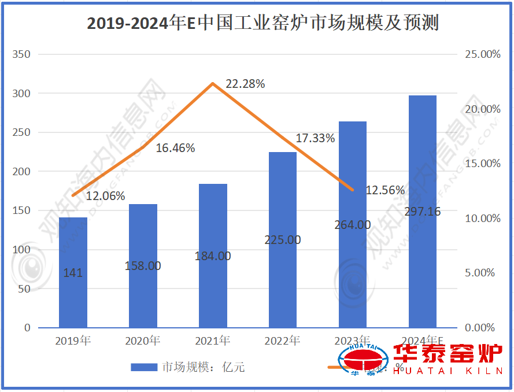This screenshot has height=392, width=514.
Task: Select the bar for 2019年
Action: [x=73, y=272]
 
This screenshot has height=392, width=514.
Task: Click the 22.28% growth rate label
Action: [x=245, y=84]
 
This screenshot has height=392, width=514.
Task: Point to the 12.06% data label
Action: [x=105, y=196]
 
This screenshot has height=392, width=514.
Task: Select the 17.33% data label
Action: [x=315, y=138]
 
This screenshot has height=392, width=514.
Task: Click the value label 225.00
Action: [x=282, y=239]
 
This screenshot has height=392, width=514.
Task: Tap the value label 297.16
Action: [x=422, y=212]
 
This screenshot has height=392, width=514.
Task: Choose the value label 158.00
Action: [x=143, y=266]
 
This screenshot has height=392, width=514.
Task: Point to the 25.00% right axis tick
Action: [x=482, y=54]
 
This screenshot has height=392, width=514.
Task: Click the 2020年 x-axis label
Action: [x=143, y=341]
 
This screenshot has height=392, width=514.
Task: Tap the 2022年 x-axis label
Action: [x=282, y=341]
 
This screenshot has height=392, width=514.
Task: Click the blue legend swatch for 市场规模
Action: [x=144, y=367]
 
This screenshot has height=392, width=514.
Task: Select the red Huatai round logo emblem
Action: [x=363, y=361]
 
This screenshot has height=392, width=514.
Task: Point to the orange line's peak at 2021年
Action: [x=213, y=83]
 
